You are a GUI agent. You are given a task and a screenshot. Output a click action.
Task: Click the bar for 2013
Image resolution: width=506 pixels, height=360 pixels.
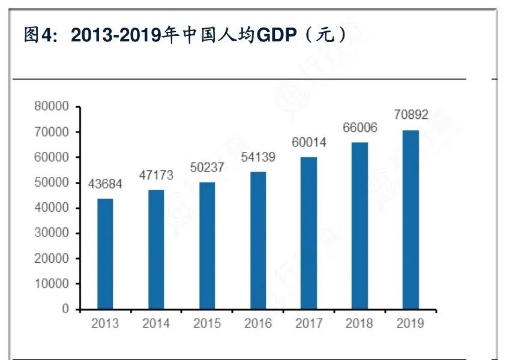tap(105, 254)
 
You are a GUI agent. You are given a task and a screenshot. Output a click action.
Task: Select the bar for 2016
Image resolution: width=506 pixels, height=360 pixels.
tap(258, 240)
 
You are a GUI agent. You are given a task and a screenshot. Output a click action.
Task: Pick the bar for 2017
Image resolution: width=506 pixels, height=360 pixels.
tap(309, 233)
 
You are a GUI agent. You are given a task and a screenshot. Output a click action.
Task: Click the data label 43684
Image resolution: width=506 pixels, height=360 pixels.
tap(105, 184)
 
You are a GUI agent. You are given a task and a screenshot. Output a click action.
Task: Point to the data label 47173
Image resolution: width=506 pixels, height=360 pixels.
tap(156, 176)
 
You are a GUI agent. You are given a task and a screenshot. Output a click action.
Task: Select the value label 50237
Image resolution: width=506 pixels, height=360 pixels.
tap(207, 167)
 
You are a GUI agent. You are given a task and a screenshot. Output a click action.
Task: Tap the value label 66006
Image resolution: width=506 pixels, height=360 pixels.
tap(360, 128)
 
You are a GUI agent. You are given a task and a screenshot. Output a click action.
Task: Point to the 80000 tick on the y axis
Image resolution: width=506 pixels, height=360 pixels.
tap(52, 107)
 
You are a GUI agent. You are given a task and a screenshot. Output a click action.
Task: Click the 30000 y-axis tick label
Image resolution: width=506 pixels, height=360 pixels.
tap(52, 233)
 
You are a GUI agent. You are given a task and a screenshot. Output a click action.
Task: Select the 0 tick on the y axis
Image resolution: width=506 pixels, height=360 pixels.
tap(65, 309)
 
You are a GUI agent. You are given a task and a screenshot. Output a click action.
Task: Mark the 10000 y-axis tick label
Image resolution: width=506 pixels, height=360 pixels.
tap(52, 284)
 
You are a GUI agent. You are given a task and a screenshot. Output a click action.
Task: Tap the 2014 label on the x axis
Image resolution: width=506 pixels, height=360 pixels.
tap(156, 323)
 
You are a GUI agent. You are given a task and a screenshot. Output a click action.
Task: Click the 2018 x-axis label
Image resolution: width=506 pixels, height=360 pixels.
tap(360, 323)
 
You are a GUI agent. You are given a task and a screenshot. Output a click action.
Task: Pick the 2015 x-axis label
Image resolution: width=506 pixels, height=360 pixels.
tap(207, 323)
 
